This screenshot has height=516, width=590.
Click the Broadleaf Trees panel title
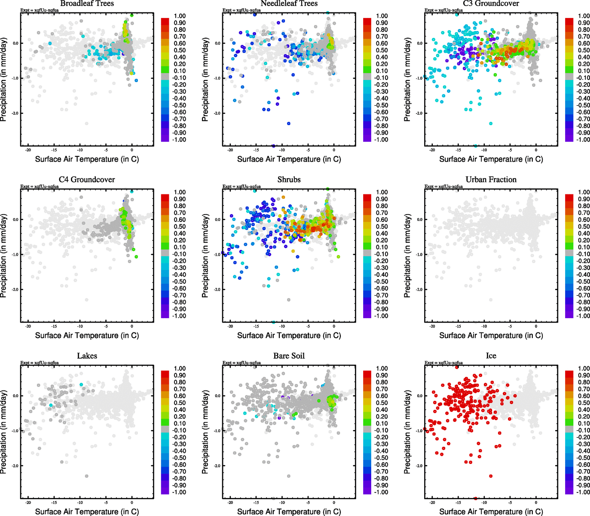tap(87, 3)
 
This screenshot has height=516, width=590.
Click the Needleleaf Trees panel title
tap(289, 3)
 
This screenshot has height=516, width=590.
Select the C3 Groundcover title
tap(491, 3)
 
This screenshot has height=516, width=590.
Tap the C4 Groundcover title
tap(87, 179)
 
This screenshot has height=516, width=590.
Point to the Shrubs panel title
tap(289, 179)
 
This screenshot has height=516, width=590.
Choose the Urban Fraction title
tap(491, 179)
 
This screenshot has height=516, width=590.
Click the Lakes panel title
tap(87, 356)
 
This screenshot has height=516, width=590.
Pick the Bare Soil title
tap(289, 356)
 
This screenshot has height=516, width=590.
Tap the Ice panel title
tap(491, 356)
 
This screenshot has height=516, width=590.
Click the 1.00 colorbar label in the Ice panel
tap(584, 369)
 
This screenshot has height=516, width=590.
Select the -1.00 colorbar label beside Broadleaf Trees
tap(179, 140)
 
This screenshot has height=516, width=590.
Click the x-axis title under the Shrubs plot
tap(289, 335)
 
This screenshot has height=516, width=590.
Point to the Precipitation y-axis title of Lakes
tap(4, 432)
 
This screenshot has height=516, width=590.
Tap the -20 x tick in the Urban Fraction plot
tap(432, 326)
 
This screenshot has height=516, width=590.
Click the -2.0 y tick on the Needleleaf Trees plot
tap(217, 114)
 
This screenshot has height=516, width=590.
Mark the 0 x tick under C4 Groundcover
tap(132, 326)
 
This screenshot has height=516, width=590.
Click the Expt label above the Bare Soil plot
tap(242, 363)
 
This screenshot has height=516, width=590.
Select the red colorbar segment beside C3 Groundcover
tap(569, 21)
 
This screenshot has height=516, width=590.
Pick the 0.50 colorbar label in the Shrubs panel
tap(382, 227)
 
